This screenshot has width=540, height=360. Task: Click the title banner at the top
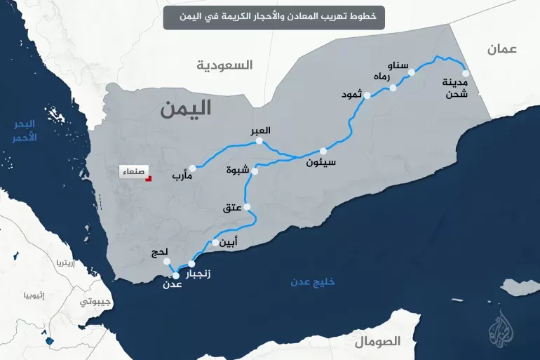(274, 15)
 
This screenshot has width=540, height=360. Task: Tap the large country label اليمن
(185, 109)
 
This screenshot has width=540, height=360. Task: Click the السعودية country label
(224, 65)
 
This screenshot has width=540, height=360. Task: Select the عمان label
(502, 49)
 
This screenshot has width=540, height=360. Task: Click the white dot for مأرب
(192, 168)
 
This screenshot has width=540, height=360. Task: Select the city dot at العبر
(259, 141)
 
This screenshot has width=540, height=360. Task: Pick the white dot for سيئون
(323, 151)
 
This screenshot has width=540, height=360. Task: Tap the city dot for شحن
(466, 72)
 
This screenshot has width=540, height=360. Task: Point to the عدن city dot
(176, 276)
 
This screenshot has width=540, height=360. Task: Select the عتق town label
(232, 208)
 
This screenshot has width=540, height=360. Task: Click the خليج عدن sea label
(313, 282)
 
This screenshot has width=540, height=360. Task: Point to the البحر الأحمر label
(25, 131)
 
